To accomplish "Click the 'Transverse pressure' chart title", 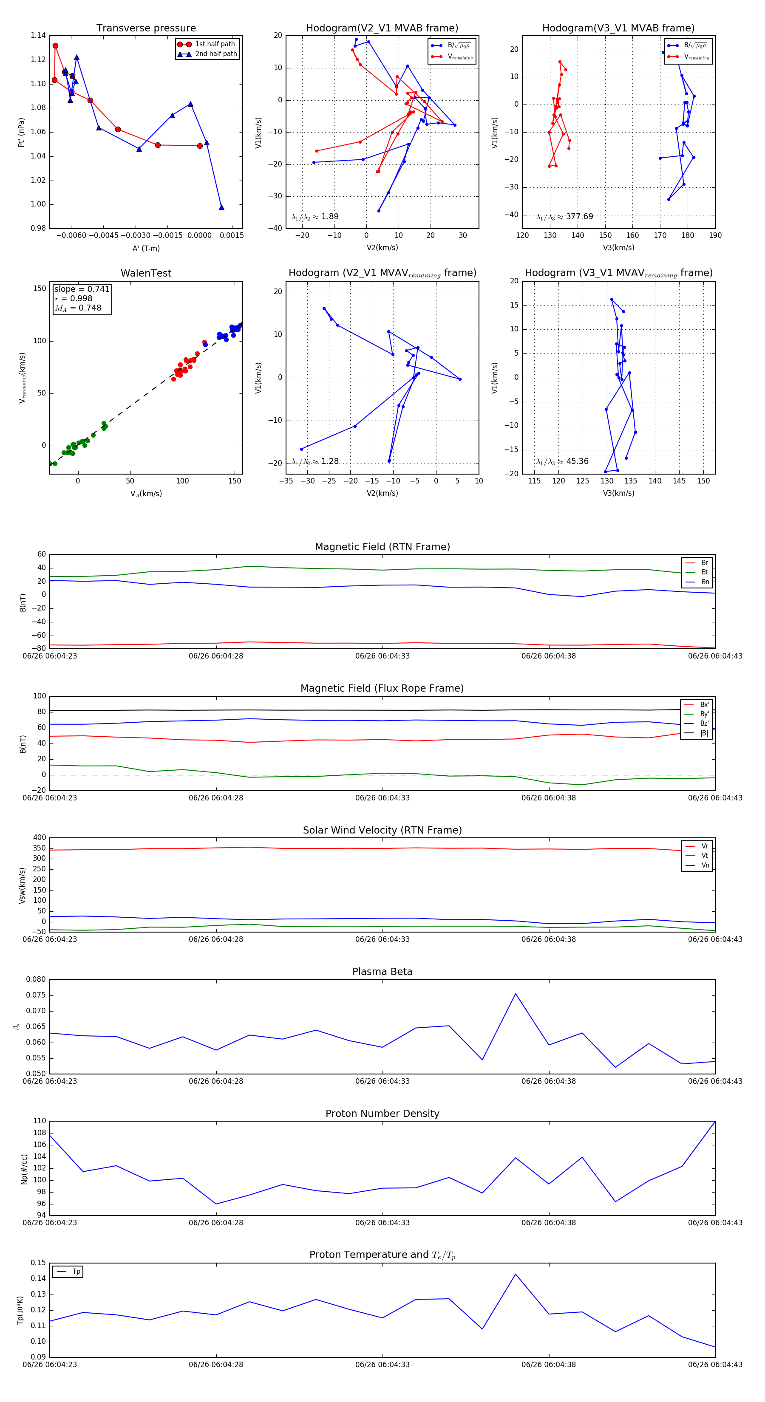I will pyautogui.click(x=146, y=28).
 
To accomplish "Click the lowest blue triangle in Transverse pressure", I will pyautogui.click(x=221, y=207).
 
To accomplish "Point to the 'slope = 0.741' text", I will pyautogui.click(x=82, y=289).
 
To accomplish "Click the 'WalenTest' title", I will pyautogui.click(x=146, y=273).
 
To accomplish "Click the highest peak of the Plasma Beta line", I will pyautogui.click(x=516, y=994).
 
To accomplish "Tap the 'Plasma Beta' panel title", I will pyautogui.click(x=382, y=972).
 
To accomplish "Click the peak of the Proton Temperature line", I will pyautogui.click(x=516, y=1274).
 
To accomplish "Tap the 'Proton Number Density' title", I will pyautogui.click(x=382, y=1114).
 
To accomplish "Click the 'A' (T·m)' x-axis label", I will pyautogui.click(x=146, y=248).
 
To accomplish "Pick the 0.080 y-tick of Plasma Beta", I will pyautogui.click(x=36, y=979).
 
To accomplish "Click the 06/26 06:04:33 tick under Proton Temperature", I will pyautogui.click(x=382, y=1365).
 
